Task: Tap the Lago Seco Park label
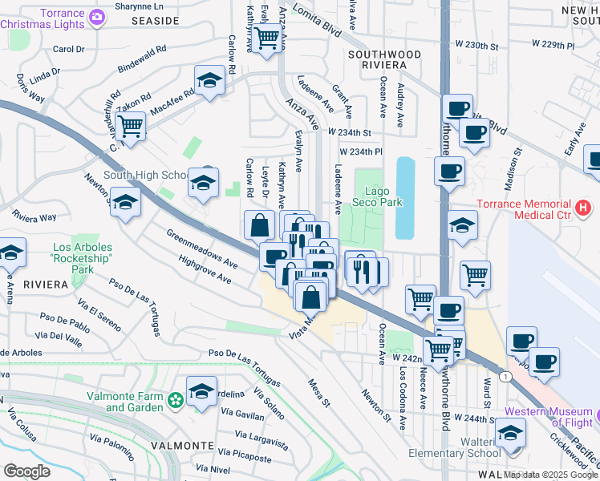[x=383, y=196]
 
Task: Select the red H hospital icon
[x=583, y=208]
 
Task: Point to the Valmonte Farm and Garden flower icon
[x=176, y=398]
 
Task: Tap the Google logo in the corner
[x=27, y=471]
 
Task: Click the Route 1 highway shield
[x=503, y=376]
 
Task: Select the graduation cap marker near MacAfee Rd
[x=209, y=80]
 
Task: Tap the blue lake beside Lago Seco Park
[x=405, y=198]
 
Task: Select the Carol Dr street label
[x=68, y=49]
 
